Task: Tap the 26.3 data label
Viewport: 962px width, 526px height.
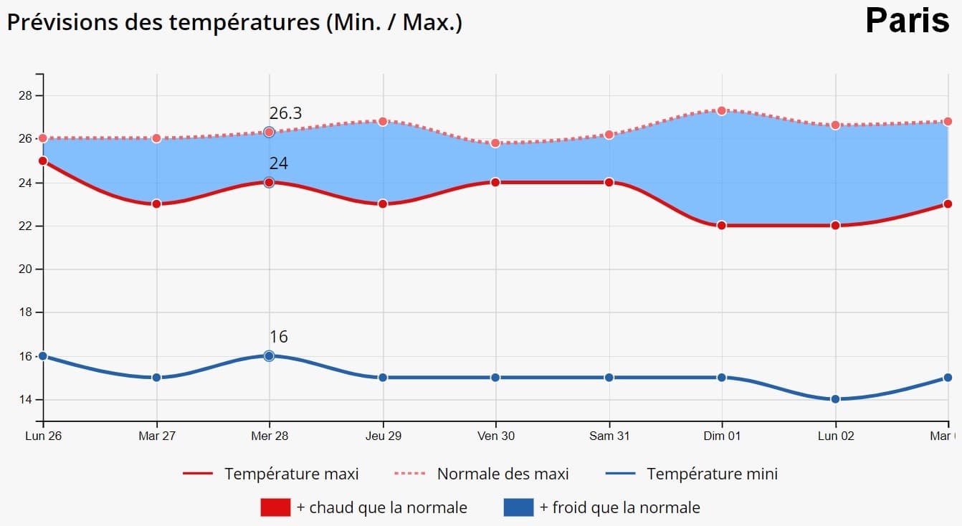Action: pos(285,113)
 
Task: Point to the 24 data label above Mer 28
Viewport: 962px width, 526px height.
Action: pos(278,163)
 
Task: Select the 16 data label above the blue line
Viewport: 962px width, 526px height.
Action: pos(278,337)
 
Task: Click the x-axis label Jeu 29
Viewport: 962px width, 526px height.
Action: pos(383,436)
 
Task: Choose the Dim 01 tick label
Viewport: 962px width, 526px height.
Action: pos(721,436)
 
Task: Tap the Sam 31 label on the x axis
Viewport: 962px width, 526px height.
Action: pos(609,436)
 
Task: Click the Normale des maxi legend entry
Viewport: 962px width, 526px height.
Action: pos(482,474)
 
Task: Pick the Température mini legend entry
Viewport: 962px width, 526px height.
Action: pos(692,474)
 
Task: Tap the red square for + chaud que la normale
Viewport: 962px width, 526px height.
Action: pos(275,507)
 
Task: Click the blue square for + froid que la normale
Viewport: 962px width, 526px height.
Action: pos(518,507)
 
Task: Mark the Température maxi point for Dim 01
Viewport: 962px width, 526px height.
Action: pos(721,225)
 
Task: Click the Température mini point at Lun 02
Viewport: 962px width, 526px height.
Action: pos(835,399)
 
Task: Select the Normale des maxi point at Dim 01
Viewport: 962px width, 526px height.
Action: pos(721,110)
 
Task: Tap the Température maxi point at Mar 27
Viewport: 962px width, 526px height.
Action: pos(156,204)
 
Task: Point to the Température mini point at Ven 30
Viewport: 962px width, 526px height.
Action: pos(495,377)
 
